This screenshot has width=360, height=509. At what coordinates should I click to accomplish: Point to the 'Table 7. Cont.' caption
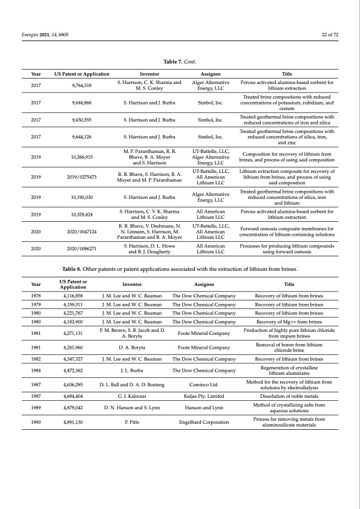click(180, 62)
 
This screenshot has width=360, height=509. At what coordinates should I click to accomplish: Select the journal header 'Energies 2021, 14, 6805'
click(40, 34)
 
